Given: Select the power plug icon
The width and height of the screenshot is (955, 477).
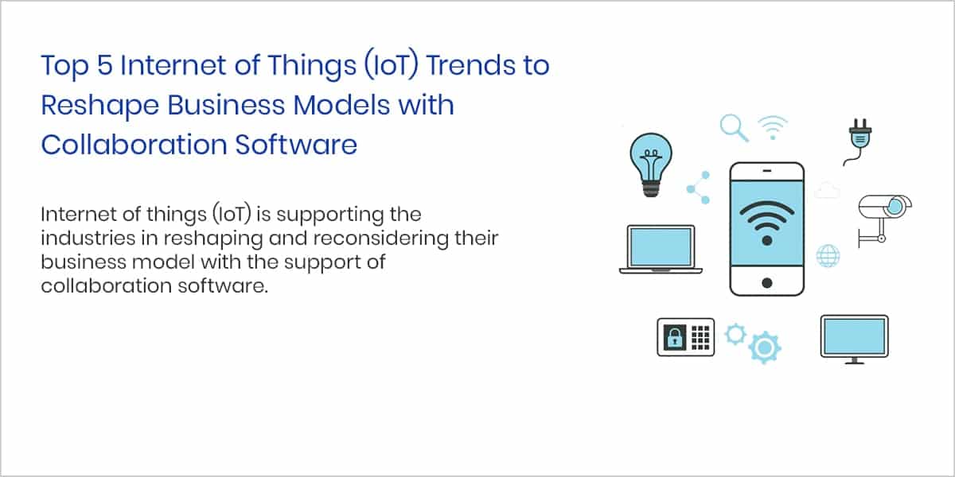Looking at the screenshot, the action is pyautogui.click(x=858, y=142).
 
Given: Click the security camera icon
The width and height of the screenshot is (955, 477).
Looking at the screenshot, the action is pyautogui.click(x=884, y=219).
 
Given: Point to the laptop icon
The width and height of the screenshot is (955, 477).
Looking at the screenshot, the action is pyautogui.click(x=661, y=249).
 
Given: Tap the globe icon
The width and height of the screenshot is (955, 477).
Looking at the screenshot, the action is pyautogui.click(x=828, y=256).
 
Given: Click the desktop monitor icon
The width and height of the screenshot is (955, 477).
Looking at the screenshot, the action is pyautogui.click(x=855, y=339).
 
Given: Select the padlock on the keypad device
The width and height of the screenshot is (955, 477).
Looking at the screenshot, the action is pyautogui.click(x=675, y=338).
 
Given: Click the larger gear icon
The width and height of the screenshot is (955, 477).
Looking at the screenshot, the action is pyautogui.click(x=765, y=347).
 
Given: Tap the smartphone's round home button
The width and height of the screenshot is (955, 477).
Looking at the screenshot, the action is pyautogui.click(x=767, y=283).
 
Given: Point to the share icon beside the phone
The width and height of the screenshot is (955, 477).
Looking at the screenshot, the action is pyautogui.click(x=699, y=188).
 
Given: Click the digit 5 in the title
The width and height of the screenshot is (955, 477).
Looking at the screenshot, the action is pyautogui.click(x=105, y=65).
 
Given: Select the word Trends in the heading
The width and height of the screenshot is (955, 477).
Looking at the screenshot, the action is pyautogui.click(x=466, y=65).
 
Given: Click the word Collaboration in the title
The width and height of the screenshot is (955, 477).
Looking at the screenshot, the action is pyautogui.click(x=133, y=145).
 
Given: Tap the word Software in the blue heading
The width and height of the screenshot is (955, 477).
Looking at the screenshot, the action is pyautogui.click(x=296, y=145).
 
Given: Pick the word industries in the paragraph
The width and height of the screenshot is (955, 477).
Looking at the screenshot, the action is pyautogui.click(x=88, y=238).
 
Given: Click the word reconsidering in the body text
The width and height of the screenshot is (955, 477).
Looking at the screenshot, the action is pyautogui.click(x=381, y=238).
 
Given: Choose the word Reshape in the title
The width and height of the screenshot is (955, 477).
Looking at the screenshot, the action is pyautogui.click(x=99, y=106).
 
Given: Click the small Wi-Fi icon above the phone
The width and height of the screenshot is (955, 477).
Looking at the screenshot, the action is pyautogui.click(x=773, y=127).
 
